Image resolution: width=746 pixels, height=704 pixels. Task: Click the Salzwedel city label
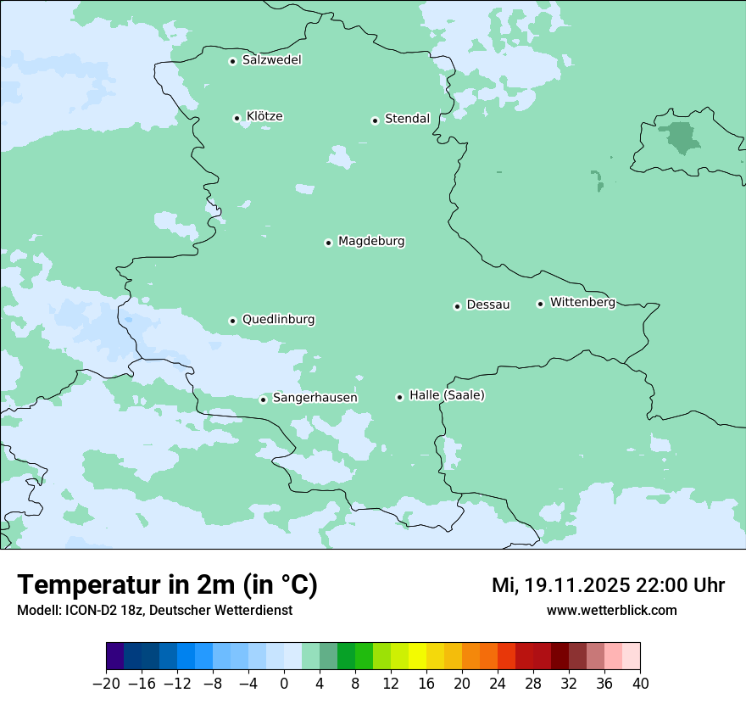271,60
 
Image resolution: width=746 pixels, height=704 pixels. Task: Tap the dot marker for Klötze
237,118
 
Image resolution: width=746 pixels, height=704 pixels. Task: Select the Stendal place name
407,119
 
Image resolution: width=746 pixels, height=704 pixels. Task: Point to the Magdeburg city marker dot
328,243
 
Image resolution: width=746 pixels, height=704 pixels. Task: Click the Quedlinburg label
278,320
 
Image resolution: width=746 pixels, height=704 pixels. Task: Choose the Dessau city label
488,305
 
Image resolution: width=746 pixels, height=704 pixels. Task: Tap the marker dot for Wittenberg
540,304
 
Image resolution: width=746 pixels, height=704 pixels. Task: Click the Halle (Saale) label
447,395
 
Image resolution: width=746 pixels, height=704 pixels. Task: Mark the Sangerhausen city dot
264,399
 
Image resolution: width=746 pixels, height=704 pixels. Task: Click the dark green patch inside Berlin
680,137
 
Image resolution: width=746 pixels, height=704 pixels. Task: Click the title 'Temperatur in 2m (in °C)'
167,585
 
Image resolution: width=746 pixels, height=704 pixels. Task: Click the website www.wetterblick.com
611,610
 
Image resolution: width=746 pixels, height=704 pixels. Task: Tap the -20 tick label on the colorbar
106,684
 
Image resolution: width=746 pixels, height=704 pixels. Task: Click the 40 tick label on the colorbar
640,684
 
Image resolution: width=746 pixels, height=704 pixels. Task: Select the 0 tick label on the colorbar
284,684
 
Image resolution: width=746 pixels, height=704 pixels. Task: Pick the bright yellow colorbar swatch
417,657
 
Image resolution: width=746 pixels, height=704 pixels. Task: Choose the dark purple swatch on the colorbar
115,657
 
